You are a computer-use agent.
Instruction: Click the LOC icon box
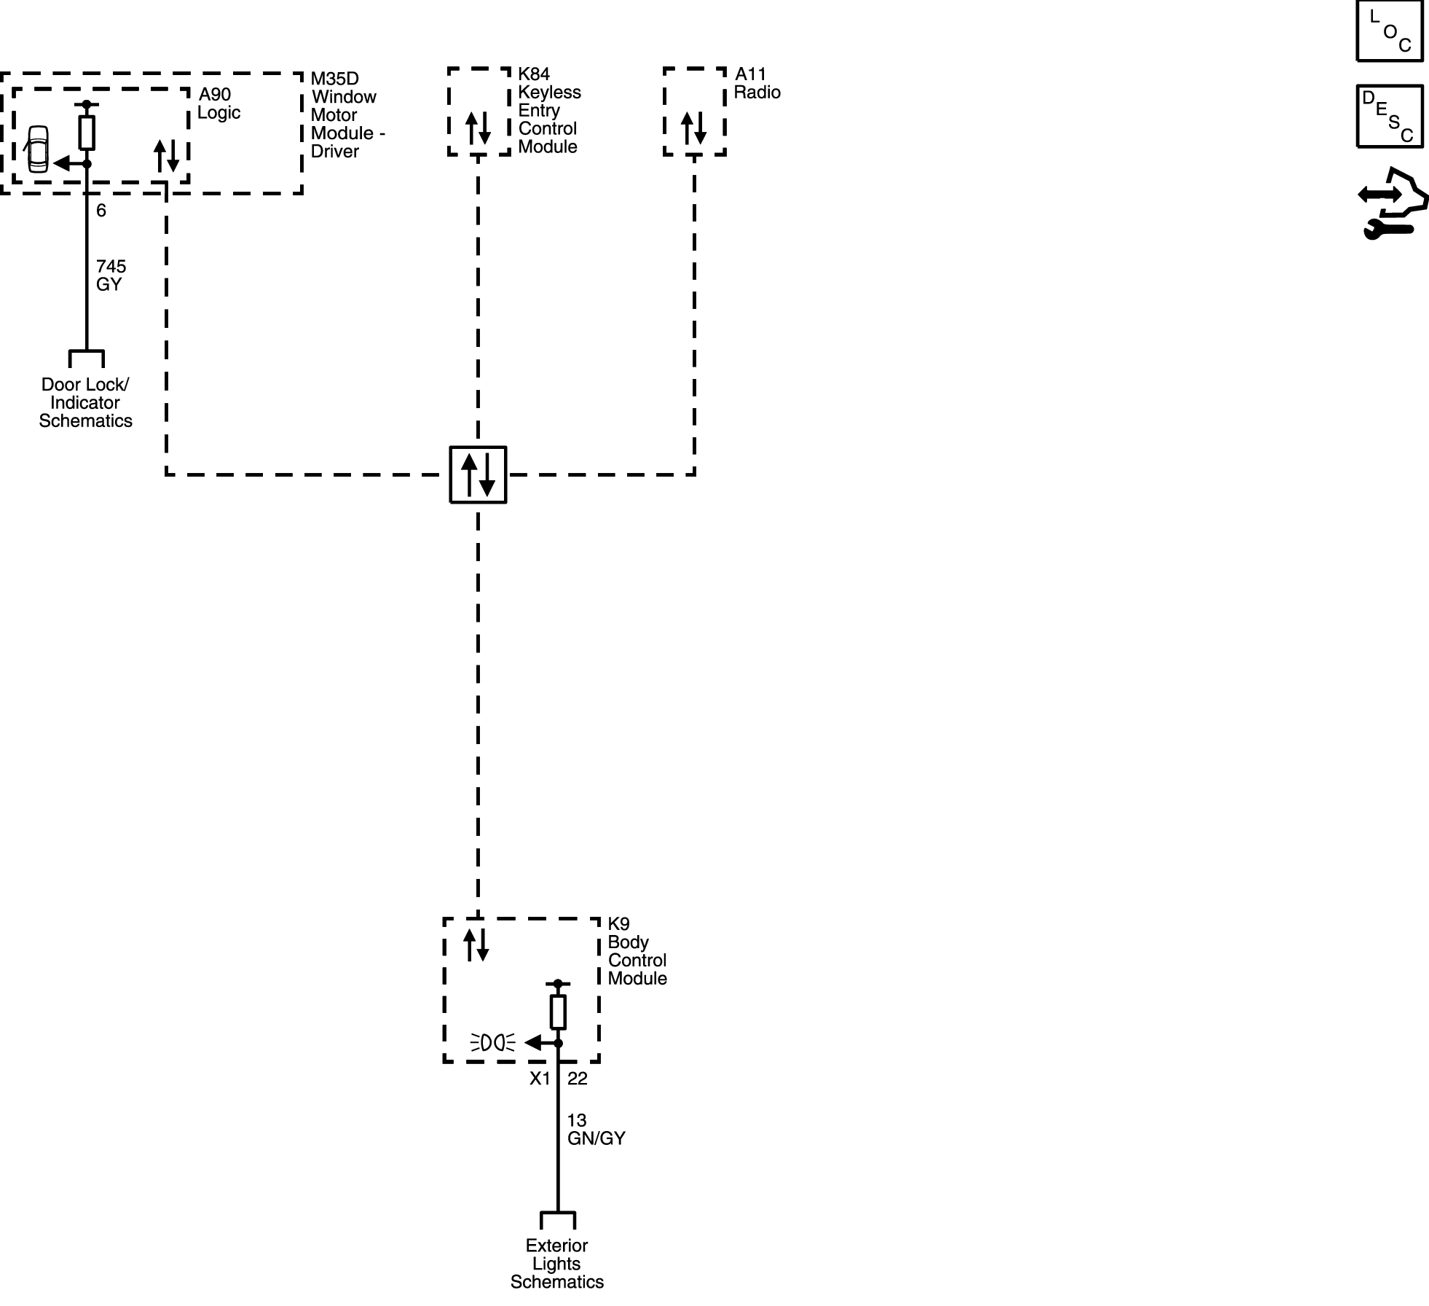(x=1389, y=31)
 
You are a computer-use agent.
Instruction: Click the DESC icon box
(x=1389, y=117)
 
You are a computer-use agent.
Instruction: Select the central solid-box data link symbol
(x=478, y=474)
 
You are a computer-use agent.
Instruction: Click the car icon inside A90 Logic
(x=37, y=149)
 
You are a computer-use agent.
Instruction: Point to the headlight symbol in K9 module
(x=493, y=1043)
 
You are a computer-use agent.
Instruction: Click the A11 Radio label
(x=757, y=83)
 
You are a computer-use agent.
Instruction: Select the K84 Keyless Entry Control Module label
(x=549, y=110)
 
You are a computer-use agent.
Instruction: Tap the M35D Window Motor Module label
(x=347, y=115)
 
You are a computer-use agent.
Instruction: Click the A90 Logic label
(x=219, y=103)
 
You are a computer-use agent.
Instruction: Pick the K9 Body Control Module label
(x=637, y=951)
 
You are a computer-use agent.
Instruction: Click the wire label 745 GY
(x=111, y=275)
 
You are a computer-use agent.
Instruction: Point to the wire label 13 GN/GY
(x=596, y=1129)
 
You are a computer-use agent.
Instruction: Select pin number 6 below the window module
(x=101, y=211)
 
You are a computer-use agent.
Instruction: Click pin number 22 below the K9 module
(x=577, y=1079)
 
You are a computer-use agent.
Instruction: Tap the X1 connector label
(x=540, y=1079)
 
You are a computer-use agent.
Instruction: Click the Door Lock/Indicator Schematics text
(x=85, y=402)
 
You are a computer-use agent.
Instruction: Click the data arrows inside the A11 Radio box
(x=693, y=128)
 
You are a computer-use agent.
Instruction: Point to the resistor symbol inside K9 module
(x=558, y=1012)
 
